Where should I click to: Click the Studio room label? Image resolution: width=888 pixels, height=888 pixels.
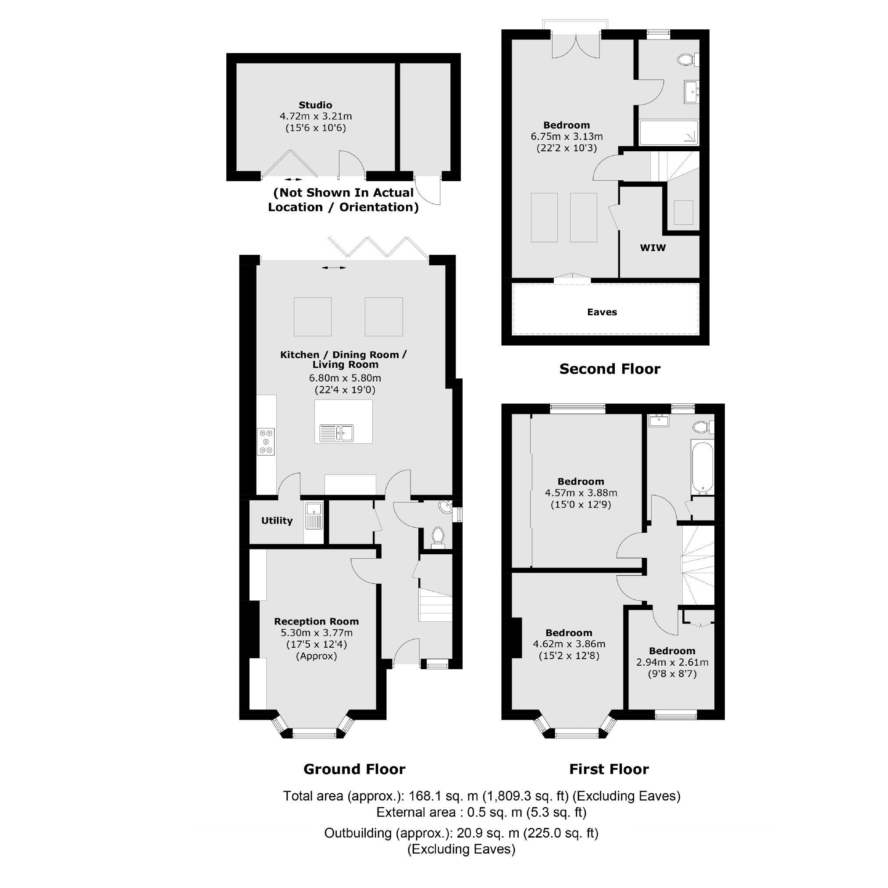point(315,105)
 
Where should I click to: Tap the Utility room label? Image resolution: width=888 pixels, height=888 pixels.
point(277,520)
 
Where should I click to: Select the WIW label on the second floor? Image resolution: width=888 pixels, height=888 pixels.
point(653,248)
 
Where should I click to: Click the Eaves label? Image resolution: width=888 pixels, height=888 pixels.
point(602,312)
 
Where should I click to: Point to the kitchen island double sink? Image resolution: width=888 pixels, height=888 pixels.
point(336,433)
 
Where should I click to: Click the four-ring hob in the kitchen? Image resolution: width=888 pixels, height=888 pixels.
point(266,442)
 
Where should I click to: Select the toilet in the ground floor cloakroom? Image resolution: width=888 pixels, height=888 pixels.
point(438,536)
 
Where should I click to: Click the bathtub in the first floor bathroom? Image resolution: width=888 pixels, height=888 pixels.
point(702,467)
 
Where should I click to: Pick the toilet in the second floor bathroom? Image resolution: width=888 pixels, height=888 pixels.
point(687,60)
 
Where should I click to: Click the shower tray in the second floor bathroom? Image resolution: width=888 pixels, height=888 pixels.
point(669,132)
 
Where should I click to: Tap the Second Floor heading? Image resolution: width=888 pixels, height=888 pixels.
point(610,369)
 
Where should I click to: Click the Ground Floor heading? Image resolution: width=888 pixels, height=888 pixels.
point(354,770)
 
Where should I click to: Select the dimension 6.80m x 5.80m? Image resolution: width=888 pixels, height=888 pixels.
point(345,378)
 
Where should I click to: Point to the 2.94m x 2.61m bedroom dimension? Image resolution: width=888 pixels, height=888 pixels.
point(672,662)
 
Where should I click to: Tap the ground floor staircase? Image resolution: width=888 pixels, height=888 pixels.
point(435,605)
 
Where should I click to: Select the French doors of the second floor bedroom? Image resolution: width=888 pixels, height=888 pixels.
point(575,46)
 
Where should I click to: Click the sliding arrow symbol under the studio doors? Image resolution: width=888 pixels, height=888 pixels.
point(293,179)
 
